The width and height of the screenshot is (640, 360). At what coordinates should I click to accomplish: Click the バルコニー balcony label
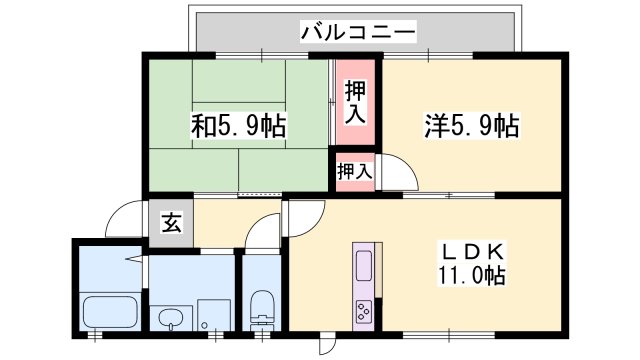tap(357, 33)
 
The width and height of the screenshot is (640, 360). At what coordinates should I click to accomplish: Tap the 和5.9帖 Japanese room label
tap(238, 128)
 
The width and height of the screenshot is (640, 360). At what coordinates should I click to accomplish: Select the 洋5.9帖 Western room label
tap(471, 127)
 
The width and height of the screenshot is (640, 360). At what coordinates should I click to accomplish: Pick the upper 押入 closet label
tap(355, 102)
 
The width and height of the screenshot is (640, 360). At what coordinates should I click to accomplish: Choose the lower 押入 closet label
tap(354, 171)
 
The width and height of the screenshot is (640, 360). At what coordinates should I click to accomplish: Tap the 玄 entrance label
tap(171, 223)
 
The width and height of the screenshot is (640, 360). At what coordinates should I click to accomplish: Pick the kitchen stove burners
tap(364, 310)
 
